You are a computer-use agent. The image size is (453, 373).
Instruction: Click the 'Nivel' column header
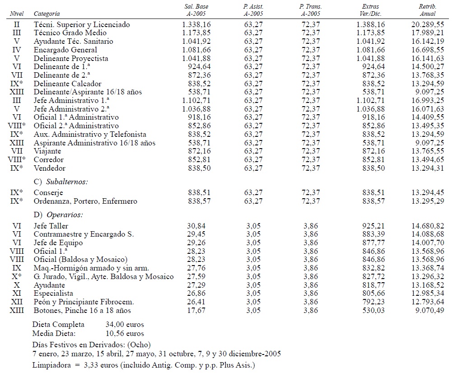point(17,14)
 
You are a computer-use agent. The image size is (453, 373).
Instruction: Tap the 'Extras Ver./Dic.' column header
point(370,10)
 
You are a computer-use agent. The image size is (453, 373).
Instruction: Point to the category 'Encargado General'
point(65,50)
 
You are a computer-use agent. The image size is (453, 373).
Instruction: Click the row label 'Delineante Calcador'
point(67,84)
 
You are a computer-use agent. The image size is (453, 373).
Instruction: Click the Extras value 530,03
point(374,311)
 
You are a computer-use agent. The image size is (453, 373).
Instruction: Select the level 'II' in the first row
point(17,24)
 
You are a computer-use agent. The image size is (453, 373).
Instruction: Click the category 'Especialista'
point(52,294)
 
